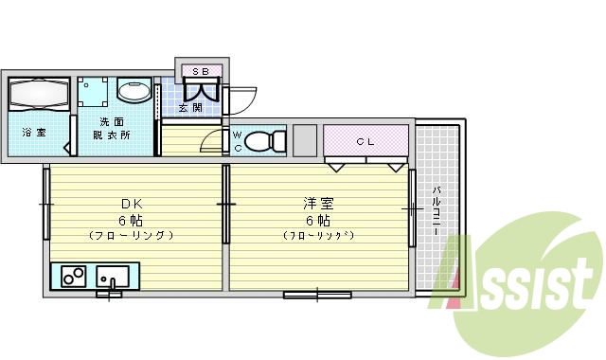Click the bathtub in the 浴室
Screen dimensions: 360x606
(38, 96)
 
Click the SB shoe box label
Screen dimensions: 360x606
(200, 71)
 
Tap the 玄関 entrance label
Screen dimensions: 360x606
(189, 108)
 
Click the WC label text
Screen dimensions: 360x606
(238, 141)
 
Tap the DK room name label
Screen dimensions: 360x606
(130, 204)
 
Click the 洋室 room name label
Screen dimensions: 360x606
(317, 204)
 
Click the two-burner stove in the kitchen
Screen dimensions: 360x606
(73, 277)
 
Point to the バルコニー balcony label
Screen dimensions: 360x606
(437, 212)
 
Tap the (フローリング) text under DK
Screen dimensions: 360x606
(130, 234)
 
